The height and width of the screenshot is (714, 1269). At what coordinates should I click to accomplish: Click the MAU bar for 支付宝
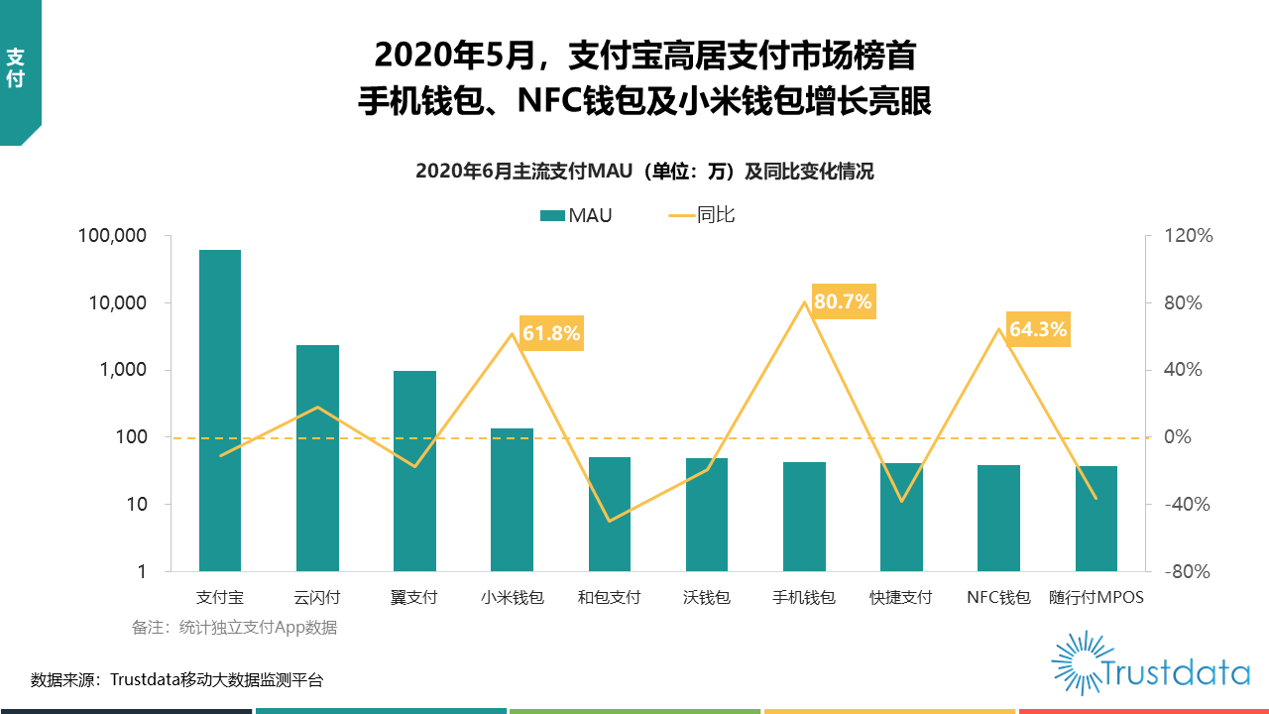220,411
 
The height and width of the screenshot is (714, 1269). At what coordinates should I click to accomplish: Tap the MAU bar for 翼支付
414,471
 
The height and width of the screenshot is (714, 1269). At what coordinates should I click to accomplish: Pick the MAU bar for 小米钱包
512,500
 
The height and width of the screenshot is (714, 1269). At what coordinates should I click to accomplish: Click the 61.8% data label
551,333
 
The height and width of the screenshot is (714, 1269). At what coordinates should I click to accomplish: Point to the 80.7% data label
843,301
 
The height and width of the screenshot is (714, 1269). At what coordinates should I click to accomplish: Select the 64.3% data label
1038,329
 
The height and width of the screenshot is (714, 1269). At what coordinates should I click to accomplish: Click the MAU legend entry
576,215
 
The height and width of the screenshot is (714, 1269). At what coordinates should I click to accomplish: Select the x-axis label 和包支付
609,598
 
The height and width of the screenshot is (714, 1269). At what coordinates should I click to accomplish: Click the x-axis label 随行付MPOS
1096,598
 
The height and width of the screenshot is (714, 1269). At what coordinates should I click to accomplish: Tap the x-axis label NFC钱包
998,598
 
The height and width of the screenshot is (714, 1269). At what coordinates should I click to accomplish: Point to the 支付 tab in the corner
16,67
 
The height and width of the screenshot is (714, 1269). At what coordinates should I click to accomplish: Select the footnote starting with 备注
234,628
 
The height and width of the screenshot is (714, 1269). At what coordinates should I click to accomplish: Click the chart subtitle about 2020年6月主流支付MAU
644,172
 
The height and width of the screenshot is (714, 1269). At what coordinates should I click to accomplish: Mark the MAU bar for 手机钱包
804,517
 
